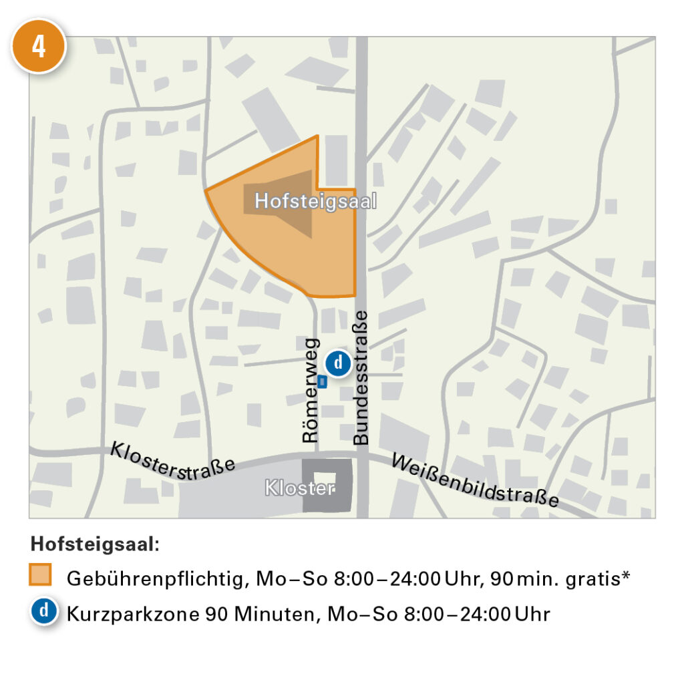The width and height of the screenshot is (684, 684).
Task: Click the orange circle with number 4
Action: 39,47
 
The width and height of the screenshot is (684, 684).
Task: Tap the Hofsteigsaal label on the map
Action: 316,201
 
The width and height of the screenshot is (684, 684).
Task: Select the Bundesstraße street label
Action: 361,377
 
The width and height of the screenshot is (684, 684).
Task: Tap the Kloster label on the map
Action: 299,488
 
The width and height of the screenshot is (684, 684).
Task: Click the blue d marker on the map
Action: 339,363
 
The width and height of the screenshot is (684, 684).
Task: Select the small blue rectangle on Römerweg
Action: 322,381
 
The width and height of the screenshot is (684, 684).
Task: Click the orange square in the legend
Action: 41,575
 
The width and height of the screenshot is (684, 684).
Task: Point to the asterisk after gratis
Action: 626,576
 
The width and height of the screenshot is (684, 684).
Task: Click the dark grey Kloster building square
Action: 327,486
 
